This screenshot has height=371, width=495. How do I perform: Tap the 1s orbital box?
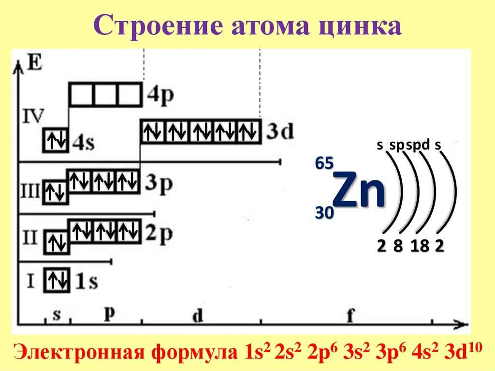tap(57, 281)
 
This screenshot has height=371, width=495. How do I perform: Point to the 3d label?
tap(280, 132)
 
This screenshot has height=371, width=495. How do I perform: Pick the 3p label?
tap(158, 184)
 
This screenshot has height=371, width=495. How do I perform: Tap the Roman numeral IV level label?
tap(33, 116)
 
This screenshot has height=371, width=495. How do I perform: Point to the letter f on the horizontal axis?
tap(350, 316)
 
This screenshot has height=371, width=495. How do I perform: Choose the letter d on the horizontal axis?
tap(197, 316)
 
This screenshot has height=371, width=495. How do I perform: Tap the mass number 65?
tap(324, 163)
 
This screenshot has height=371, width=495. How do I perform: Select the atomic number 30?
tap(324, 212)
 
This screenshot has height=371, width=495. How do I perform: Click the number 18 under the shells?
tap(420, 246)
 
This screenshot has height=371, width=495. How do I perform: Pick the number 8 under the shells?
tap(398, 246)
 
